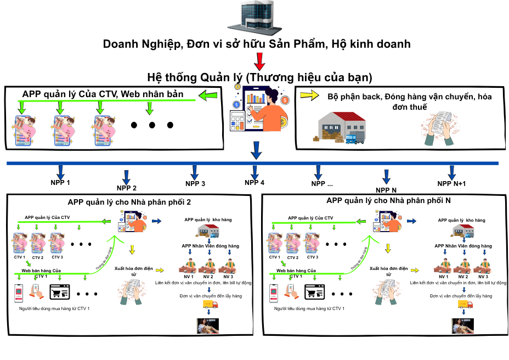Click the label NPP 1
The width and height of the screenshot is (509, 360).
click(x=60, y=182)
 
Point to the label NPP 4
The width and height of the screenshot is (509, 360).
click(x=255, y=182)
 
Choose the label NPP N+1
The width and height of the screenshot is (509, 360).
click(x=451, y=183)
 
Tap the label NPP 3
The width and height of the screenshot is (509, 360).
click(x=195, y=183)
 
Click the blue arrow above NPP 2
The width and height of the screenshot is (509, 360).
click(x=127, y=175)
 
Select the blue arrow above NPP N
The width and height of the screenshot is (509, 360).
click(x=386, y=176)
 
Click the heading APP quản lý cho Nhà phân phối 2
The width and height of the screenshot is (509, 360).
click(x=129, y=202)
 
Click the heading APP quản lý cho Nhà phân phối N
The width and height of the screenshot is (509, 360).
click(x=388, y=201)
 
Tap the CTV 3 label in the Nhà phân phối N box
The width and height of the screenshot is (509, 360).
click(x=313, y=257)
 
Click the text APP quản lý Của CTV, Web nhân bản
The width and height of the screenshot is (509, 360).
click(x=103, y=93)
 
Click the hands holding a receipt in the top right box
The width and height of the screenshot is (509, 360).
click(x=443, y=130)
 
